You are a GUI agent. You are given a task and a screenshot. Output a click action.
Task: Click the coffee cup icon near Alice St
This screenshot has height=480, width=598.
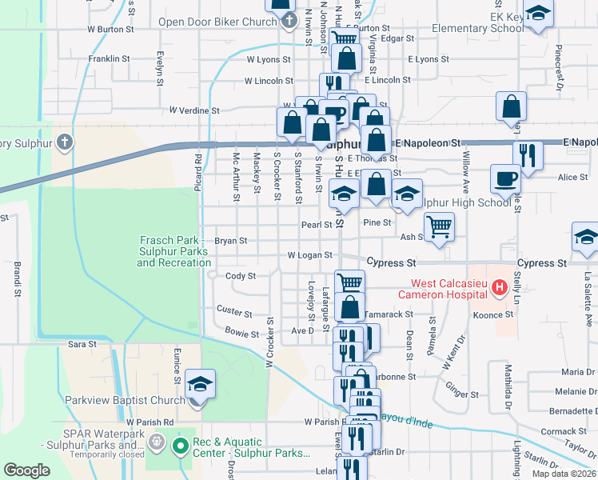point(504,179)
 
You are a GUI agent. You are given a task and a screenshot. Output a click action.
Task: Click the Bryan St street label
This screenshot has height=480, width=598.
point(231,240)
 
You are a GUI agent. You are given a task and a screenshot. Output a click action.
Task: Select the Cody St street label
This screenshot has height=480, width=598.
point(240,276)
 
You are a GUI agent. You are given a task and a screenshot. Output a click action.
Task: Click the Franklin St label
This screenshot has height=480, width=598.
point(109,59)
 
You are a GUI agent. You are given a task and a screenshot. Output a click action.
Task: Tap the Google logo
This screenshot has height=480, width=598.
point(27,471)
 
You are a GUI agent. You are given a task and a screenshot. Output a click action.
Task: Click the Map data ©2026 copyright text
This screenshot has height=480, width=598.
point(564,474)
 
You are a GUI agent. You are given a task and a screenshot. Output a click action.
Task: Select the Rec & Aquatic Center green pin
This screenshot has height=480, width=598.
point(181,444)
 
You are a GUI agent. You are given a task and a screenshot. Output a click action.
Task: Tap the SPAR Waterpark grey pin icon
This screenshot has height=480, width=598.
point(156,440)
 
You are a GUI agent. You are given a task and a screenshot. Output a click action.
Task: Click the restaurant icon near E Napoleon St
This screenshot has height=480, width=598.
point(528,154)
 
